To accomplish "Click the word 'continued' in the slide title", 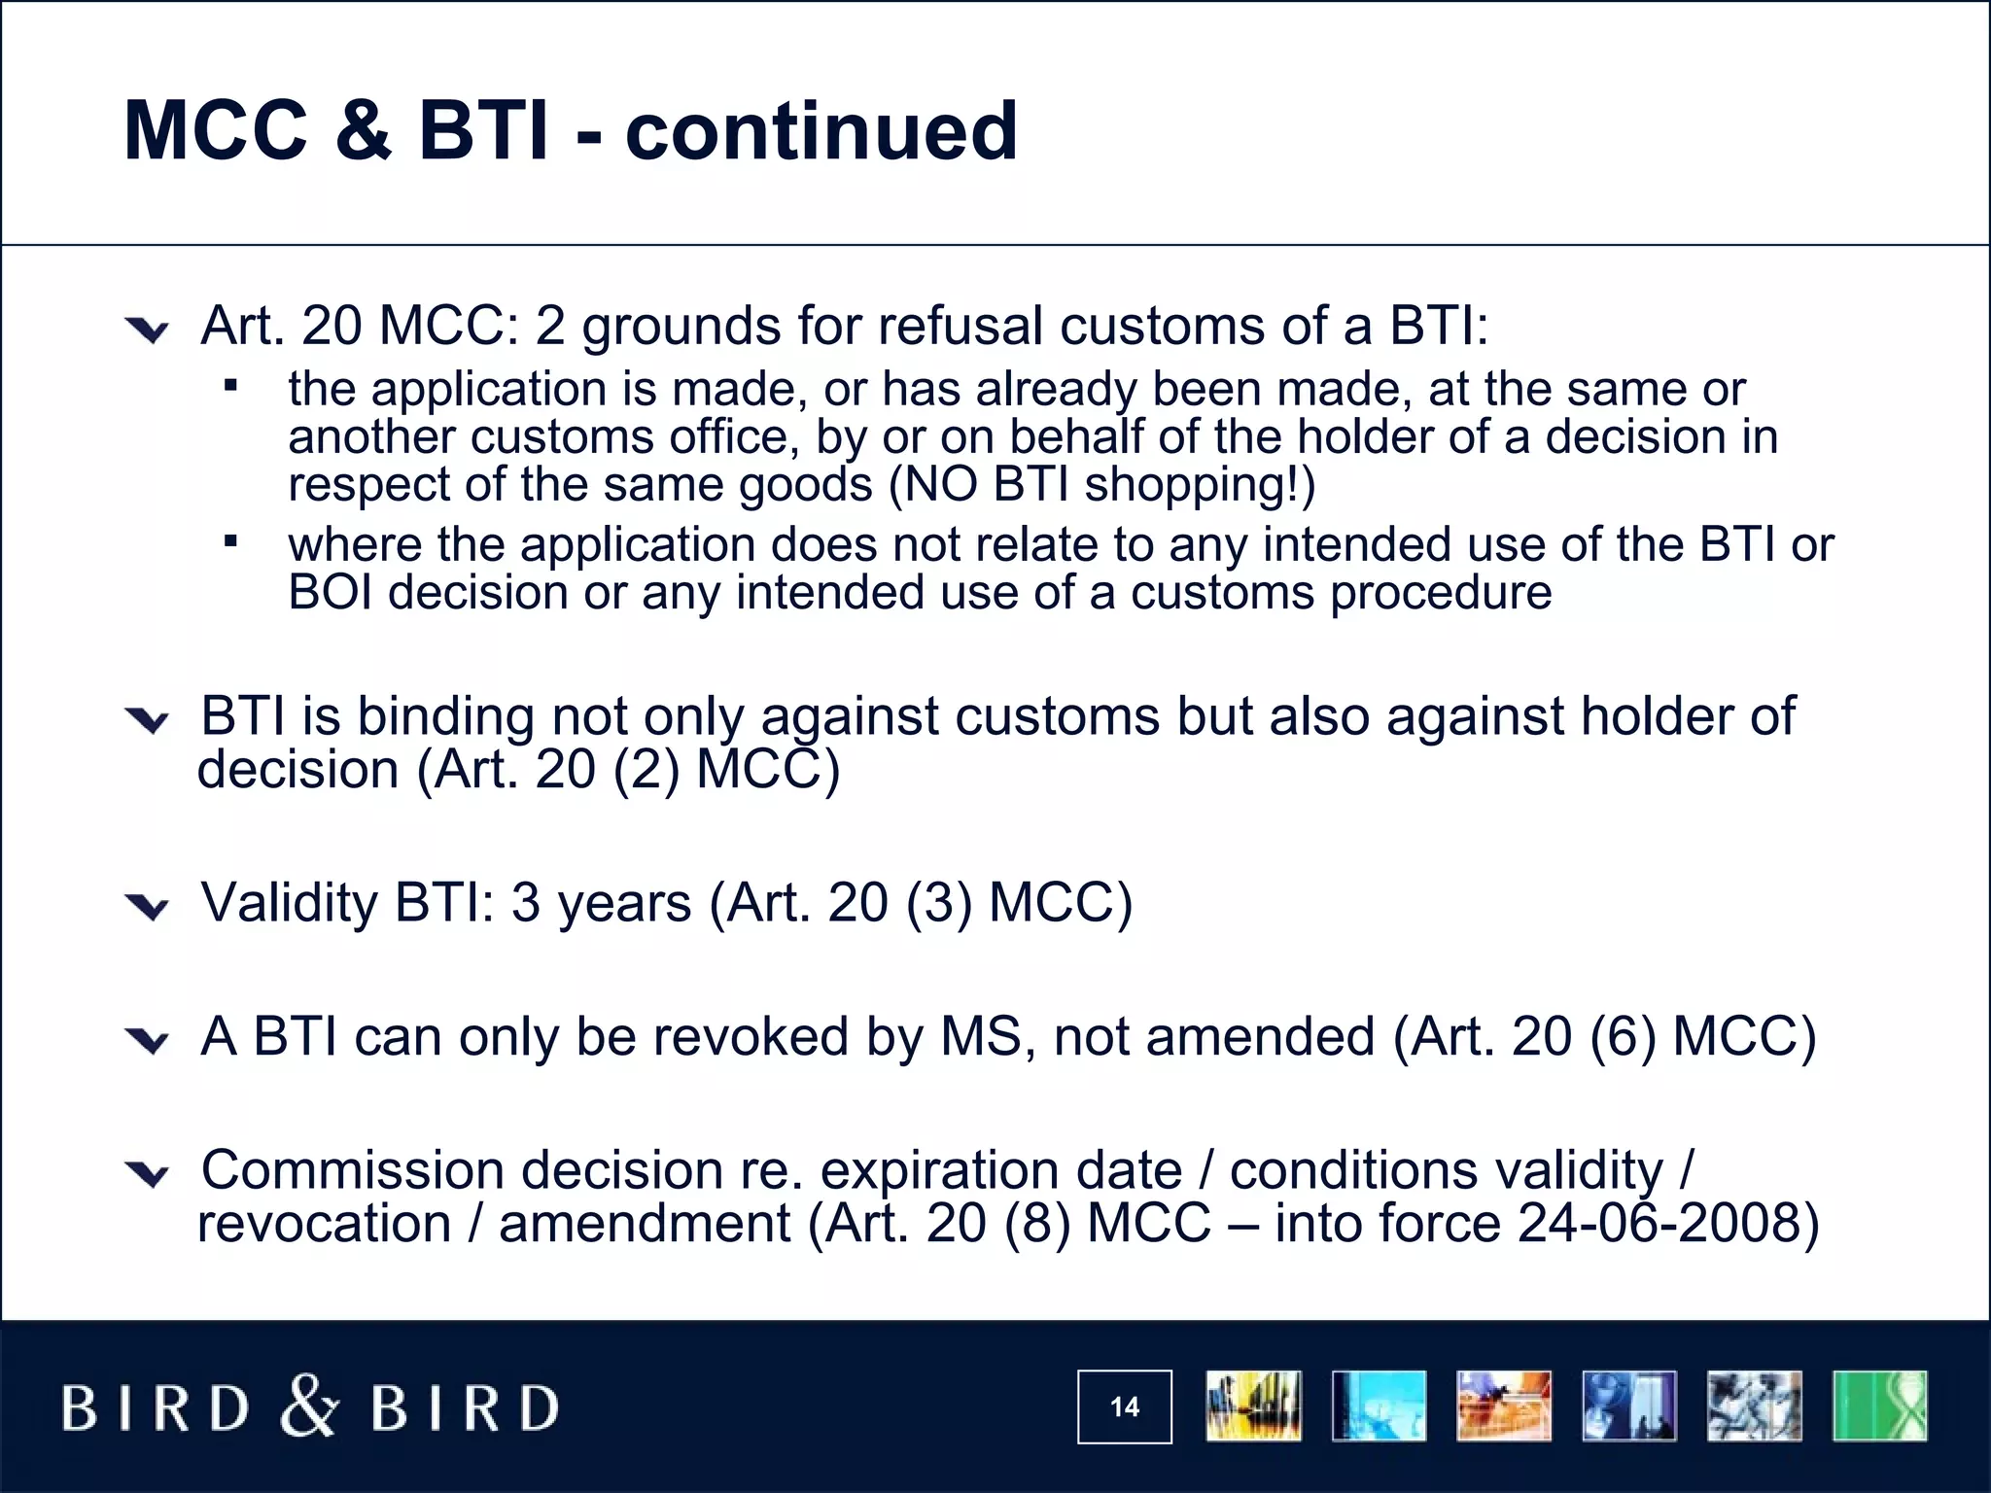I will [821, 131].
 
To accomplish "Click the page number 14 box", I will [1124, 1406].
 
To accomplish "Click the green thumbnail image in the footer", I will [1879, 1406].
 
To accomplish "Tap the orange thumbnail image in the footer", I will [1503, 1406].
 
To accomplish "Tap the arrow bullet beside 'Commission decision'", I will [148, 1175].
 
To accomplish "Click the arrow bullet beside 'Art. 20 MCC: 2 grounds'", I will [148, 331].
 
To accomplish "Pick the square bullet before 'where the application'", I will [230, 541].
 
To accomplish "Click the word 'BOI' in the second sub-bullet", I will [330, 593].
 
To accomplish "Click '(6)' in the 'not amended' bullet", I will [1622, 1036].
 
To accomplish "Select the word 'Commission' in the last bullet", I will [352, 1169].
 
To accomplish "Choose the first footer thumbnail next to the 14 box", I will [1253, 1406].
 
